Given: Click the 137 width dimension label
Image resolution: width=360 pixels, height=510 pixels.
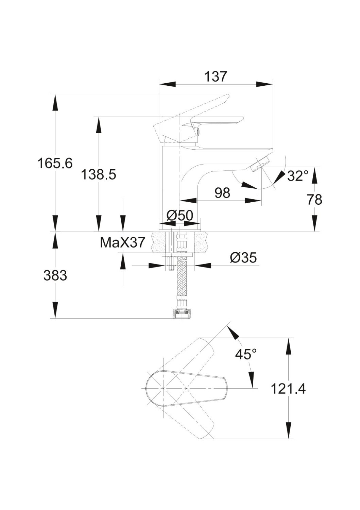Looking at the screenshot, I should (216, 76).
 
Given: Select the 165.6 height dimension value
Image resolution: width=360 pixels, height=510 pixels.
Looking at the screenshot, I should (55, 164).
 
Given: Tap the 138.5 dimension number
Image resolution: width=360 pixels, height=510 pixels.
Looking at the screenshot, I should (99, 175).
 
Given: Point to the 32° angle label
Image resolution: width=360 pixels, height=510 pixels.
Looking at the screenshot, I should (297, 176).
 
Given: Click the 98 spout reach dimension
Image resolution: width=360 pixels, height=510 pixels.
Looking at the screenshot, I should (222, 193).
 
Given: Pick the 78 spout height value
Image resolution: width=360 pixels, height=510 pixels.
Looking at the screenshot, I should (314, 200).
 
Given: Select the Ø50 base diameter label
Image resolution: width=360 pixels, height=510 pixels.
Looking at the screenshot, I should (180, 215).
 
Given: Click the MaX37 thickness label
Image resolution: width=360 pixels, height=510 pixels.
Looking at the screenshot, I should (122, 242).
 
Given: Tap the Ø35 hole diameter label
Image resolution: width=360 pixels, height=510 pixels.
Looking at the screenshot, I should (243, 258).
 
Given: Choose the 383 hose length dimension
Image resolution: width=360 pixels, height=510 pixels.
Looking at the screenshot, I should (55, 275).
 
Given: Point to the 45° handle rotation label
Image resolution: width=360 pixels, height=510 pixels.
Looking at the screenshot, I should (246, 355).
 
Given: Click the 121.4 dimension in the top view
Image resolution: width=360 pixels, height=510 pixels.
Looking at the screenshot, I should (288, 388).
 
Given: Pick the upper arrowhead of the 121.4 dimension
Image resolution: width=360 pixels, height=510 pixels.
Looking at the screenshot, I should (289, 346).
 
